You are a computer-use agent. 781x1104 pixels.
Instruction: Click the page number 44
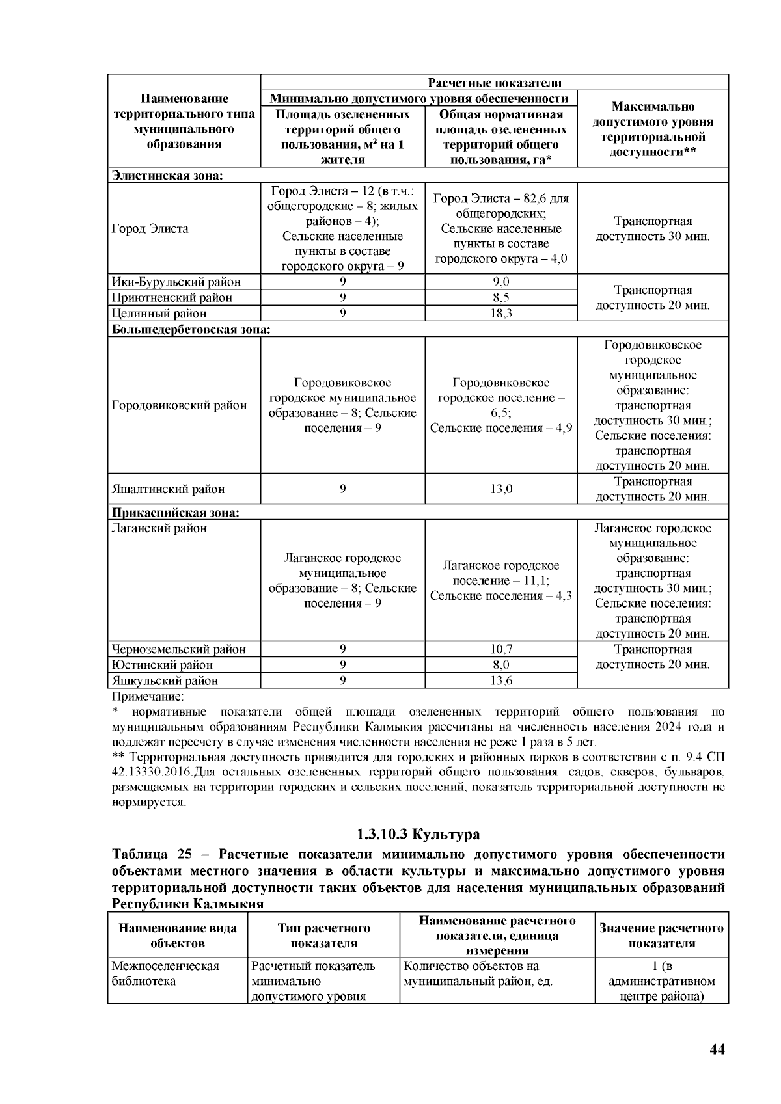point(716,1049)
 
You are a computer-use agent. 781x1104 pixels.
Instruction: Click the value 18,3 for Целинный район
point(500,313)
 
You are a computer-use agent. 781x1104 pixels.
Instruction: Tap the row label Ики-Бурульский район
point(176,282)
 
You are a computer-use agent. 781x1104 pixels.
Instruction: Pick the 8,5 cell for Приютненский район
point(500,297)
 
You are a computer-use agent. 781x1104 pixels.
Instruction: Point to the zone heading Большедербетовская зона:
point(191,329)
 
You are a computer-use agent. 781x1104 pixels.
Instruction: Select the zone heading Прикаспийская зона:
point(176,513)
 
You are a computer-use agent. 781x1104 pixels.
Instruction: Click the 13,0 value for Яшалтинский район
point(500,489)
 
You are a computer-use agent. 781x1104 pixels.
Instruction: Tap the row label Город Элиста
point(150,228)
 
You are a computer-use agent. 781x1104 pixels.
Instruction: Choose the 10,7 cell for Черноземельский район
point(500,649)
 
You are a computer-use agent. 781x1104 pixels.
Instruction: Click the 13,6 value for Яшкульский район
point(500,680)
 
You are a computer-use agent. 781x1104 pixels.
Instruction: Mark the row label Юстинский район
point(162,665)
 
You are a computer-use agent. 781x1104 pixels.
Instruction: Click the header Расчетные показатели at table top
point(494,83)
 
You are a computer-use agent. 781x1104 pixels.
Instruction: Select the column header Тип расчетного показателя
point(323,936)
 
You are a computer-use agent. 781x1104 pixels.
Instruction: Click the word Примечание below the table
point(139,696)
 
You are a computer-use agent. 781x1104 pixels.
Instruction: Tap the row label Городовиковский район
point(179,405)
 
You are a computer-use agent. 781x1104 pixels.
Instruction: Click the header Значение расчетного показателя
point(661,936)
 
